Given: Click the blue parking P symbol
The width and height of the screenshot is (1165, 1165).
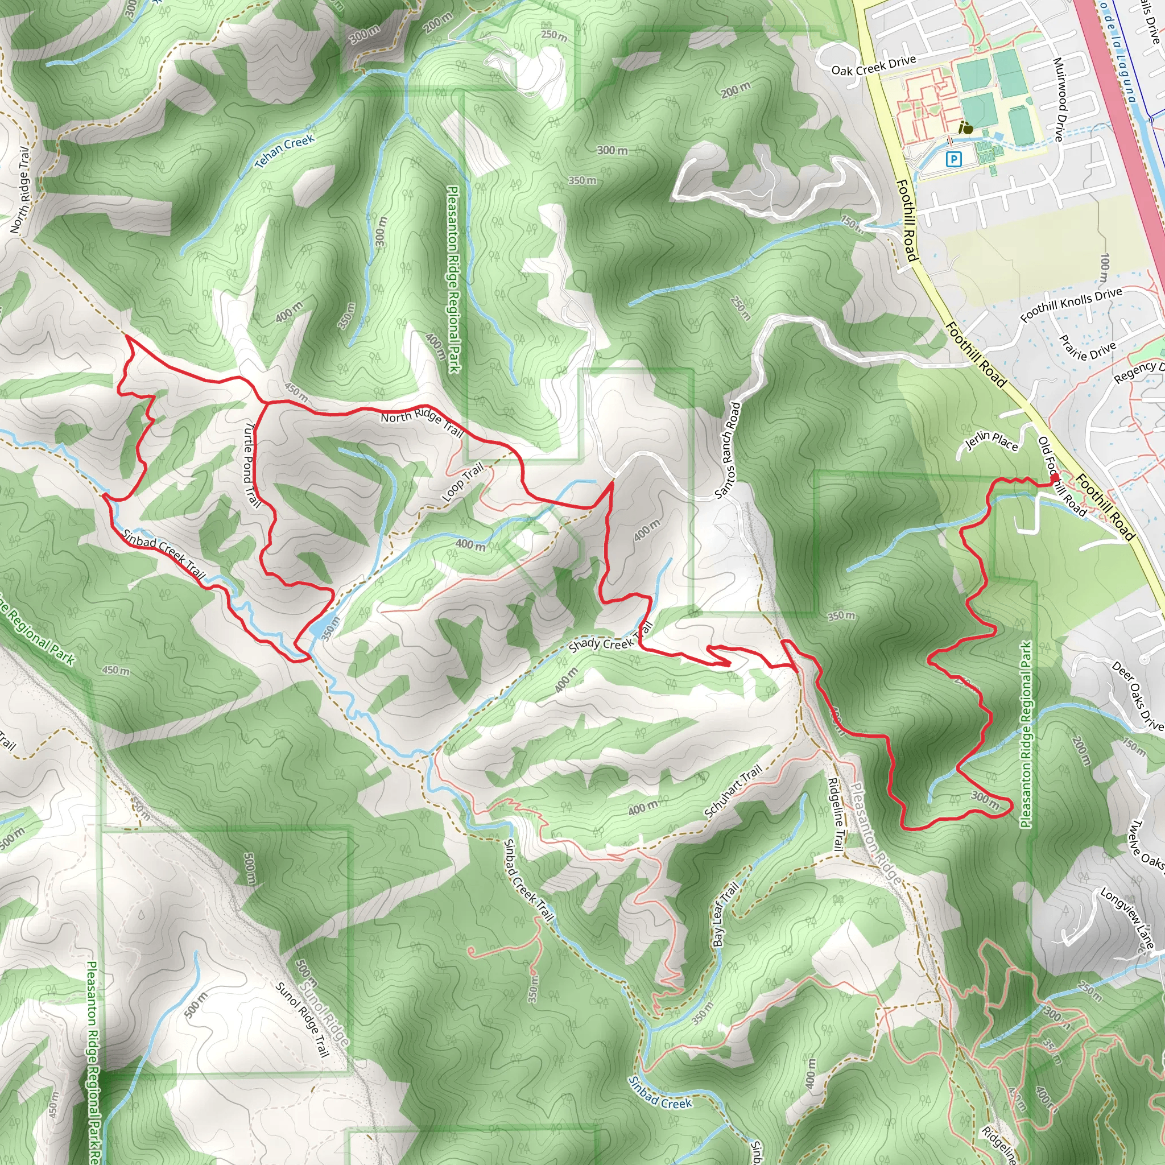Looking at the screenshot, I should tap(953, 159).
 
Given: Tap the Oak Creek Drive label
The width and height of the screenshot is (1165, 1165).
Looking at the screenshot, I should tap(873, 65).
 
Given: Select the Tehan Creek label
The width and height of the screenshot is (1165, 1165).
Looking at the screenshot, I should tap(284, 150).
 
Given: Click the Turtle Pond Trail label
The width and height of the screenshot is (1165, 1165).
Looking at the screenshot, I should tap(252, 464).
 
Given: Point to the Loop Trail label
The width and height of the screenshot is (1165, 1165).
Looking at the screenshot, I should tap(463, 482).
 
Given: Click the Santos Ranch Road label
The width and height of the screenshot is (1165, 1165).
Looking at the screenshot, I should tap(727, 451).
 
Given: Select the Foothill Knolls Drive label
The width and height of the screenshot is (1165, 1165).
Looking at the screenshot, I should tap(1071, 304).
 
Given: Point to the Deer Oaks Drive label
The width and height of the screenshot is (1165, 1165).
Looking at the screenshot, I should tap(1137, 696).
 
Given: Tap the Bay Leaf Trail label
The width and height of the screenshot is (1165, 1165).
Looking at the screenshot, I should tap(725, 915).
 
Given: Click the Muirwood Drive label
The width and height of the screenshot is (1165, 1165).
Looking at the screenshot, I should tap(1059, 100).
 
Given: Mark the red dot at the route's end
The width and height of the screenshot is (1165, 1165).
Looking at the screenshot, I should tap(1055, 478).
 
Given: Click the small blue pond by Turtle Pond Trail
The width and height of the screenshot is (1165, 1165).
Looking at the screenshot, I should tap(320, 627).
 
